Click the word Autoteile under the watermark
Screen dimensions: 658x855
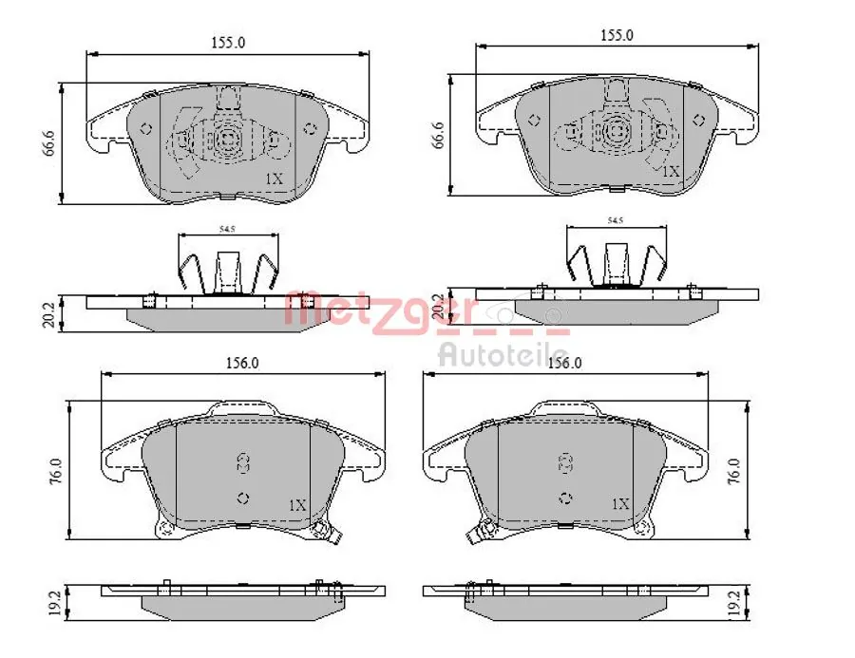click(502, 355)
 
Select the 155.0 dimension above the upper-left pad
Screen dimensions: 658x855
click(227, 43)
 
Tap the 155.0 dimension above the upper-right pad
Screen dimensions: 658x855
click(617, 35)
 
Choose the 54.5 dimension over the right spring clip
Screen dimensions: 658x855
click(615, 220)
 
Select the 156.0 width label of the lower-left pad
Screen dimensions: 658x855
click(242, 363)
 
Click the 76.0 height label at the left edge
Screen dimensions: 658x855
click(54, 469)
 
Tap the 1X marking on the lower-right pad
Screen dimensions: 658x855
click(620, 503)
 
